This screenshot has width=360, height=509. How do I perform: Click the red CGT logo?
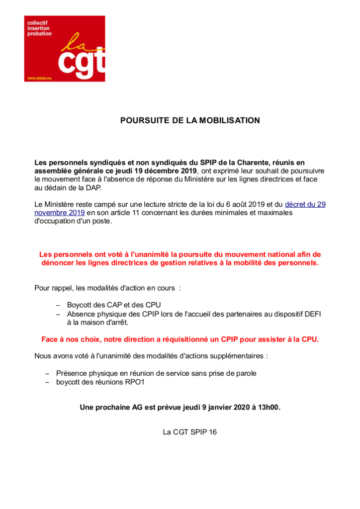point(65,49)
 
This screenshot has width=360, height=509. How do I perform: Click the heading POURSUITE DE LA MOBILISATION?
point(190,121)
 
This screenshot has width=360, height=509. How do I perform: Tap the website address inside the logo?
point(40,78)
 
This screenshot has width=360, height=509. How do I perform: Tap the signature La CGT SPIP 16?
point(190,432)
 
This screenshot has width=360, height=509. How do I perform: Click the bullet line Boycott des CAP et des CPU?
point(114,305)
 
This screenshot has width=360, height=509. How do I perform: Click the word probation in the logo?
point(40,34)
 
